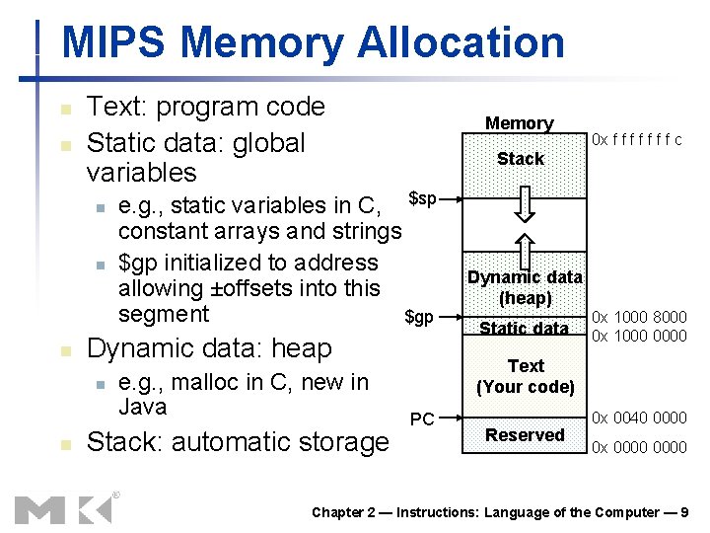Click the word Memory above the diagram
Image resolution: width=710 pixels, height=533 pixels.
[x=519, y=123]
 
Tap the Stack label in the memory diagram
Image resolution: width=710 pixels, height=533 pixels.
[x=520, y=159]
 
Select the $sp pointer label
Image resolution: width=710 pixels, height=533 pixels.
[x=422, y=200]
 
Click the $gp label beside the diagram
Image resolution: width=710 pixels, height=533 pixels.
[x=419, y=317]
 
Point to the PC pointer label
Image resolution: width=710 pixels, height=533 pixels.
[x=422, y=419]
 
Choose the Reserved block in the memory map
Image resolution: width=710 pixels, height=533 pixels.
[x=525, y=435]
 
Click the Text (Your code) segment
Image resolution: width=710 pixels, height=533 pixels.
[x=525, y=376]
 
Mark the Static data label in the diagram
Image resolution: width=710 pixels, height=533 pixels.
[x=524, y=328]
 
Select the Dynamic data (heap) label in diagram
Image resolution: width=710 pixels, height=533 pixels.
[x=525, y=287]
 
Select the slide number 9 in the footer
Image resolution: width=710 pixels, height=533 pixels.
[x=684, y=512]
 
